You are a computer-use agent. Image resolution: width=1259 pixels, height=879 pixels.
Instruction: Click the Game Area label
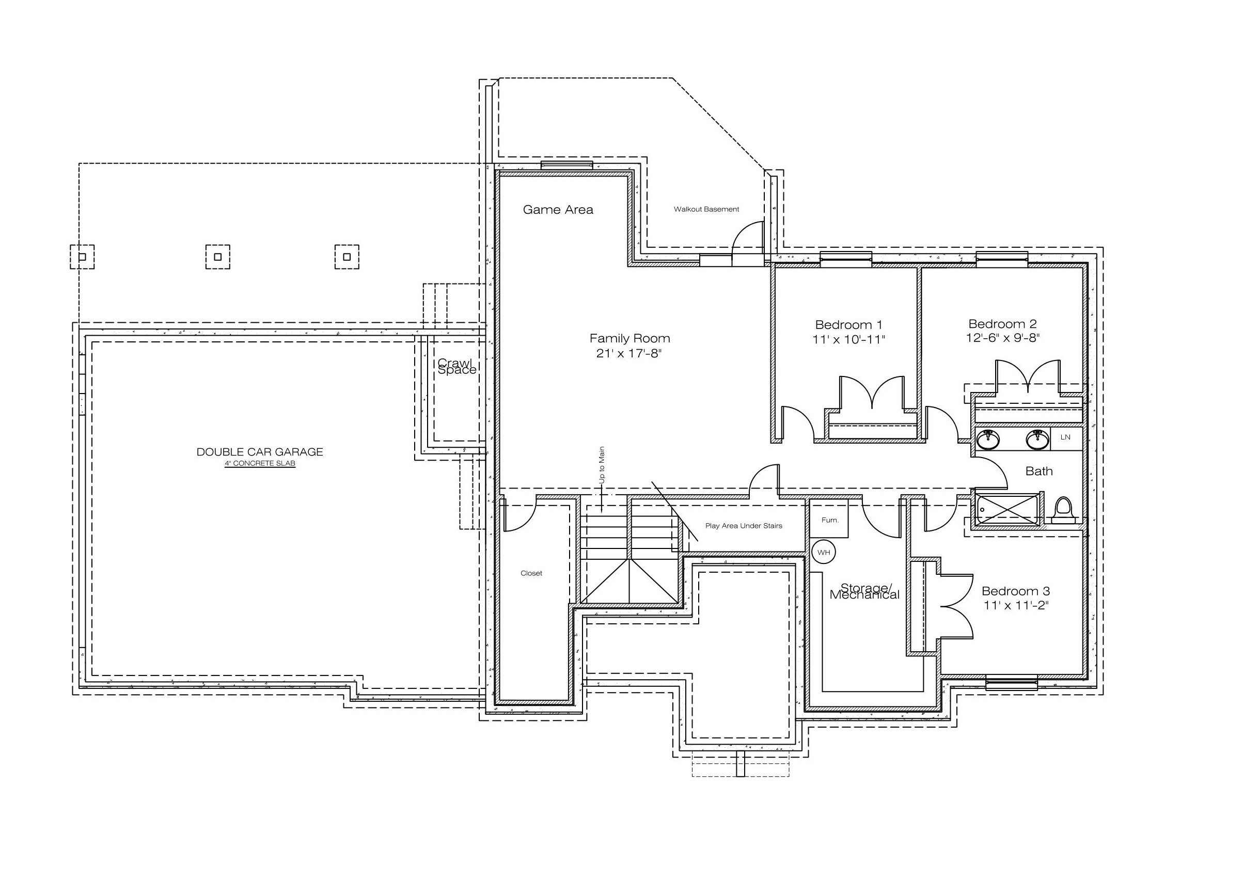pos(558,210)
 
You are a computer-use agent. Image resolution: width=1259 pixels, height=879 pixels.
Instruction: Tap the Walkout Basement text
pos(706,209)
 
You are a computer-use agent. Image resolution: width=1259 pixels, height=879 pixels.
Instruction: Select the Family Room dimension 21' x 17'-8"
pos(629,354)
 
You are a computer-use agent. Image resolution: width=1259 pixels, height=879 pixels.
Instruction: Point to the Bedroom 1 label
pos(848,325)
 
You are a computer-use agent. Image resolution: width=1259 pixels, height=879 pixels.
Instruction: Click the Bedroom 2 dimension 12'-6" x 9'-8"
pos(1002,338)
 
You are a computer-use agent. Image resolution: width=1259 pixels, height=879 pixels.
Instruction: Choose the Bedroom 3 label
pos(1016,591)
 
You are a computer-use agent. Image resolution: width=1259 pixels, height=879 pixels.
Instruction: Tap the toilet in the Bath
pos(1063,510)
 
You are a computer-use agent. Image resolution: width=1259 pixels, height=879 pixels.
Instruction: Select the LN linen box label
pos(1065,437)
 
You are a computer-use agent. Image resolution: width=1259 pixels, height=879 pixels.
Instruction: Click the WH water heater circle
pos(824,552)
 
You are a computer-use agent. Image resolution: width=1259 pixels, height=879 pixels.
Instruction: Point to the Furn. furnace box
pos(829,517)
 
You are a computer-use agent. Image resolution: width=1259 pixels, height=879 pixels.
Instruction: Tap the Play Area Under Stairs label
pos(744,526)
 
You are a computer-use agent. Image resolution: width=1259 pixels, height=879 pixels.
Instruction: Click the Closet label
pos(531,574)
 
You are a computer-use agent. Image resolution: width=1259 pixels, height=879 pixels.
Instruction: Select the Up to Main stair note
pos(602,465)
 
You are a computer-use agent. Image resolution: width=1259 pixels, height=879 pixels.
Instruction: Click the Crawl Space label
pos(457,366)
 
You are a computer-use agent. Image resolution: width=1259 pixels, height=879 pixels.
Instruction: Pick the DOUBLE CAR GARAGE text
pos(260,452)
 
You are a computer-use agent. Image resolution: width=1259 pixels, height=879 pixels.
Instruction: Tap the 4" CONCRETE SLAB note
pos(260,464)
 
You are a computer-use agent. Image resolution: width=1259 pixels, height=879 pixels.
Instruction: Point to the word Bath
pos(1038,471)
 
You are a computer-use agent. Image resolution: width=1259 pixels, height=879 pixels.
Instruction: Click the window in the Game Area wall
pos(567,166)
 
